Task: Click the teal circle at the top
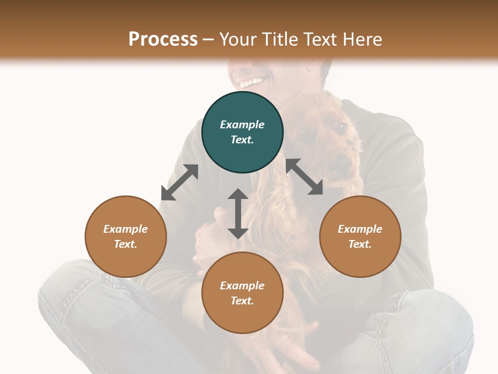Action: [242, 132]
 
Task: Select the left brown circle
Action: [126, 236]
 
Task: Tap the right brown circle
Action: [360, 236]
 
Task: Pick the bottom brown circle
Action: [242, 293]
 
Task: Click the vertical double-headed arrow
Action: [238, 213]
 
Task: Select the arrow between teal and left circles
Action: [179, 182]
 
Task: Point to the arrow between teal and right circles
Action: [305, 177]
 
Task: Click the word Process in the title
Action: [163, 39]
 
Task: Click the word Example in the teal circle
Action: [242, 125]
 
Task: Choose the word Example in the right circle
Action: [360, 229]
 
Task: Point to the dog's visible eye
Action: [341, 126]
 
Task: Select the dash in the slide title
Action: [209, 40]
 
